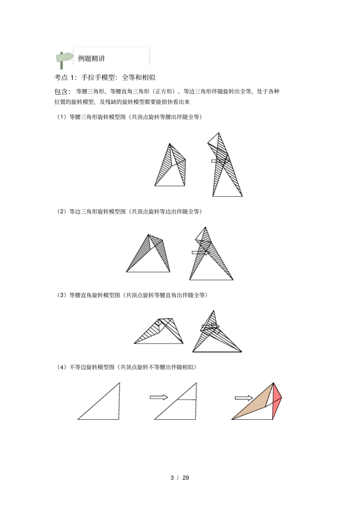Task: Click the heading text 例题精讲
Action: point(91,59)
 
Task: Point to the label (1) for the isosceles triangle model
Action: point(62,117)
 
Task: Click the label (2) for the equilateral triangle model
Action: point(62,212)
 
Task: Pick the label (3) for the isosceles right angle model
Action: point(62,295)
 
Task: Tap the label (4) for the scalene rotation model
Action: point(62,367)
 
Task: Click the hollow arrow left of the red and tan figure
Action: point(244,398)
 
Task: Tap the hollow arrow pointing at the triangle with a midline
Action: point(159,397)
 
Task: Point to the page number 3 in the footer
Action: point(172,478)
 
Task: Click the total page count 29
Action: point(186,478)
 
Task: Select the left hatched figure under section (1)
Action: point(171,167)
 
